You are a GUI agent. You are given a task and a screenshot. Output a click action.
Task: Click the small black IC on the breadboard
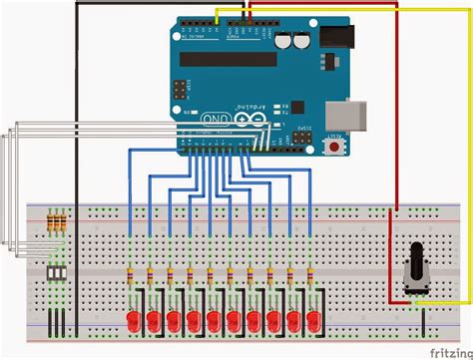click(x=58, y=271)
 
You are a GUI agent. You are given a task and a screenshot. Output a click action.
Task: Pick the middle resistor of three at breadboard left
click(x=59, y=223)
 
